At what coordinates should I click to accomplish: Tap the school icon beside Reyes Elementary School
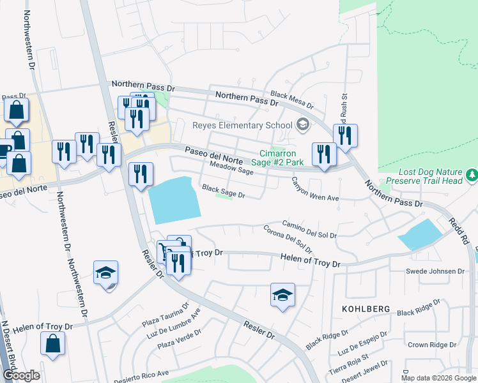[x=303, y=124]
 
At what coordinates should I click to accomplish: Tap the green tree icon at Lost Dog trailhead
[x=472, y=174]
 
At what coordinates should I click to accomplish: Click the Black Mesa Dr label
[x=292, y=100]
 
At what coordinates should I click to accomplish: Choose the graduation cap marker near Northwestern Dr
[x=105, y=273]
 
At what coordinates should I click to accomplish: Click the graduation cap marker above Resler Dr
[x=282, y=295]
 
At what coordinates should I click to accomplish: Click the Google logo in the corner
[x=20, y=375]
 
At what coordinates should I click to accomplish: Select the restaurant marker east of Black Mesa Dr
[x=345, y=135]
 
